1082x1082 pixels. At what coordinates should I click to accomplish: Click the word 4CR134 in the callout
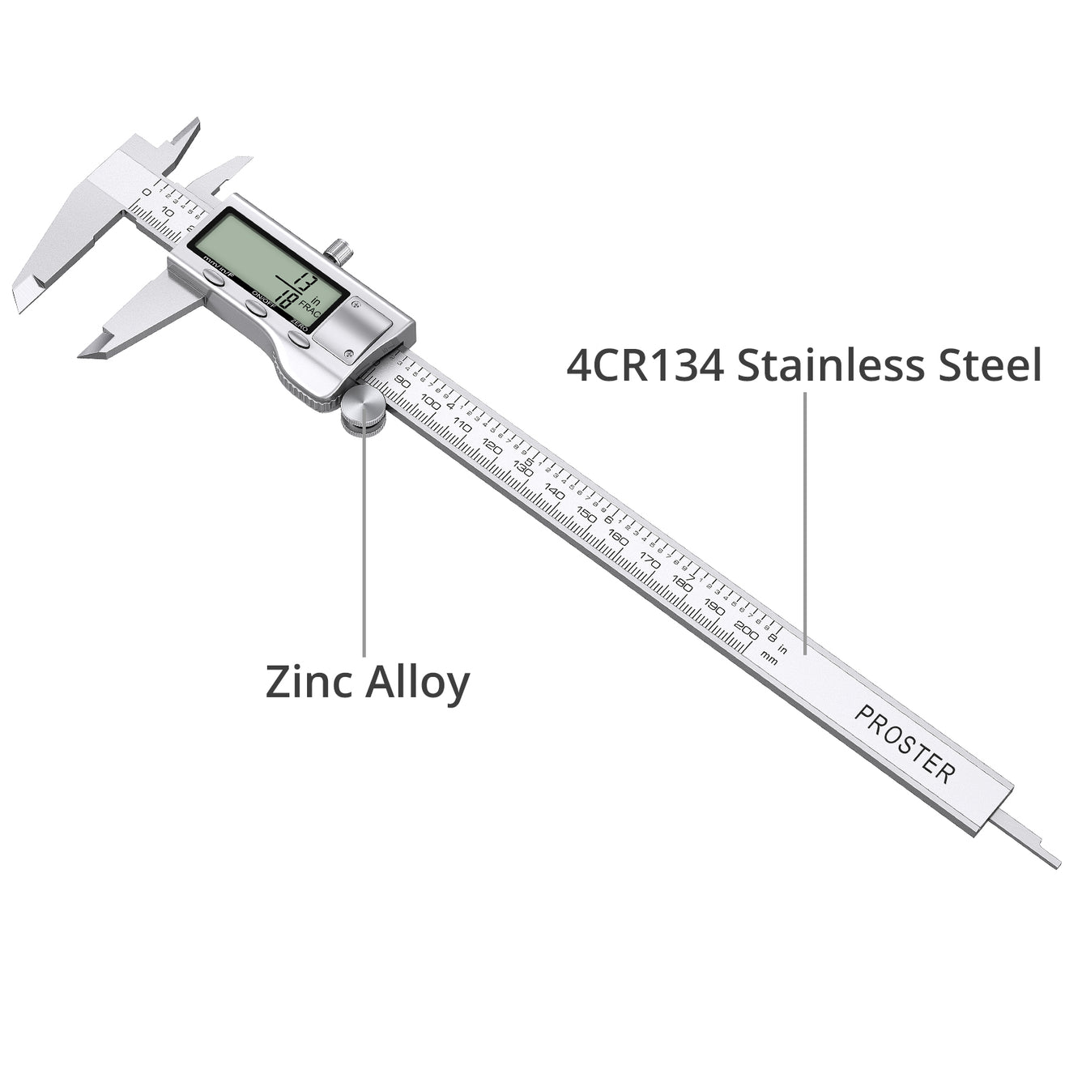(645, 365)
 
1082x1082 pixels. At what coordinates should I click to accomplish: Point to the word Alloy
(417, 683)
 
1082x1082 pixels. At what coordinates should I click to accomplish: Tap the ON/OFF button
(257, 309)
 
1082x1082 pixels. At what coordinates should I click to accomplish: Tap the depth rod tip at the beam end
(1053, 862)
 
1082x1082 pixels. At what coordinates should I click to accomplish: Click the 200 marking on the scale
(746, 628)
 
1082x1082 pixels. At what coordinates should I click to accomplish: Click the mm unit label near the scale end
(769, 658)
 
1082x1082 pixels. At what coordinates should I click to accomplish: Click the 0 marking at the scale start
(147, 192)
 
